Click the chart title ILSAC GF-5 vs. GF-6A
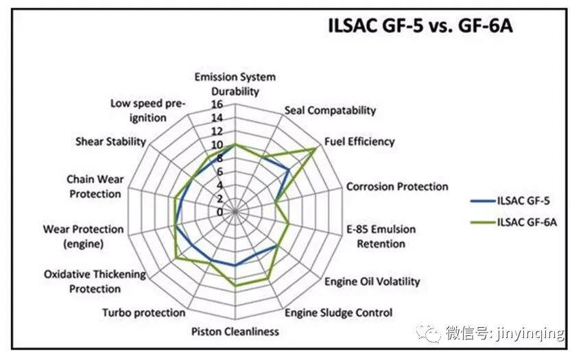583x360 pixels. (420, 26)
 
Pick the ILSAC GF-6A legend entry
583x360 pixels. (514, 222)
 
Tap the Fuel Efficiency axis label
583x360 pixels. (359, 142)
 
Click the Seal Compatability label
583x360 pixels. (330, 110)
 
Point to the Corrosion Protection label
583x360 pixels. (397, 187)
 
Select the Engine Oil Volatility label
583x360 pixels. (372, 282)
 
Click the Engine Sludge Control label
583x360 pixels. (338, 313)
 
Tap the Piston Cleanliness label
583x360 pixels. (235, 331)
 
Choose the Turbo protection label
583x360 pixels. (144, 313)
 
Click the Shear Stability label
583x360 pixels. (111, 142)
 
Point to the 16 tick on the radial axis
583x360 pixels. (217, 104)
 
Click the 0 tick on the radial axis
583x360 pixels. (219, 212)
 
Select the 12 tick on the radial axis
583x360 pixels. (217, 131)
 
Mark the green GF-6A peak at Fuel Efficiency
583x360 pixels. (316, 148)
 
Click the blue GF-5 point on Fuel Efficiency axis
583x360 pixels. (289, 170)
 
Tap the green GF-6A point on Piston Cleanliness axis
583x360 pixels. (235, 286)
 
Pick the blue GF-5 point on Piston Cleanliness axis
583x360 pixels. (235, 265)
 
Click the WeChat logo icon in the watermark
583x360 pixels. (428, 333)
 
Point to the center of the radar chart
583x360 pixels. (235, 212)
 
